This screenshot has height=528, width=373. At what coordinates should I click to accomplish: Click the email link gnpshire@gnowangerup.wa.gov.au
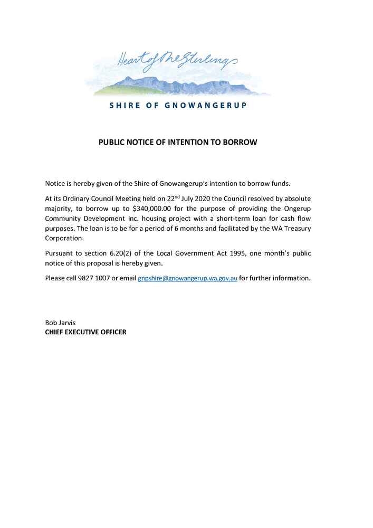pos(187,278)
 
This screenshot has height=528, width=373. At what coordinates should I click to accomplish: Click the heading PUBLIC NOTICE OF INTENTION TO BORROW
pos(178,143)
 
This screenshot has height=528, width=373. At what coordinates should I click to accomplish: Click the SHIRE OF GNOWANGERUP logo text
pos(178,105)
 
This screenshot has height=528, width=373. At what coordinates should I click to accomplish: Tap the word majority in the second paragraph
pos(59,208)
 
